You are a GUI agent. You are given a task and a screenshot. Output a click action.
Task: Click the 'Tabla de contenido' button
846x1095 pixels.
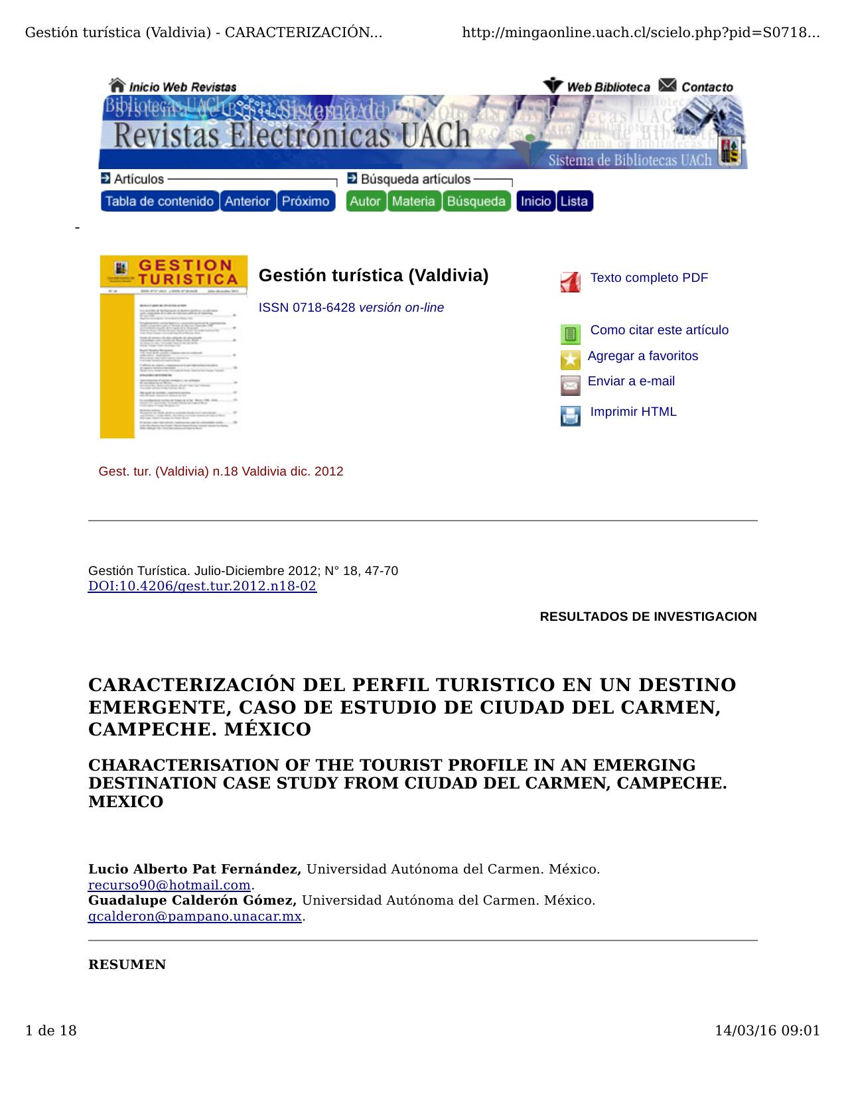point(159,201)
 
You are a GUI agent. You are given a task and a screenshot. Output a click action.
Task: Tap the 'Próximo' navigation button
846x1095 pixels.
point(305,201)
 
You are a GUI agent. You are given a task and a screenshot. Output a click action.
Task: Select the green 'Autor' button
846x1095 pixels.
point(365,201)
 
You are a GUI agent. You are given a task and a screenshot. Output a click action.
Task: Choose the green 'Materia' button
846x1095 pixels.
point(413,201)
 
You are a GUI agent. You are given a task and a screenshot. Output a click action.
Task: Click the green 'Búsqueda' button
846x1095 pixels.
point(476,201)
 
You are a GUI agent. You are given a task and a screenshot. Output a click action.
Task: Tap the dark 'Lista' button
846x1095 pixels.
point(574,201)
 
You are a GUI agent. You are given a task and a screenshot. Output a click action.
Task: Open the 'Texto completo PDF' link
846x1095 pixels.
point(648,278)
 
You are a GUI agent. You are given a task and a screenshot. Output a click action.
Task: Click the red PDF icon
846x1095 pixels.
point(570,282)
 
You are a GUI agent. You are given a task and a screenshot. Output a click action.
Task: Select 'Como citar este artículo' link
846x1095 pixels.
point(659,330)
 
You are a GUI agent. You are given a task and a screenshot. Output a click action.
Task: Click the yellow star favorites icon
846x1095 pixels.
point(570,360)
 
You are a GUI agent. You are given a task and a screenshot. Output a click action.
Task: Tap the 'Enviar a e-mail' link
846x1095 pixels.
point(630,381)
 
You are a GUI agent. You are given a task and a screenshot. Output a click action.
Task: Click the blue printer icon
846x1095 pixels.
point(570,416)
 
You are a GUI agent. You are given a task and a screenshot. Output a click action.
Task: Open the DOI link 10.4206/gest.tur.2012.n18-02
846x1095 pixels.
point(202,586)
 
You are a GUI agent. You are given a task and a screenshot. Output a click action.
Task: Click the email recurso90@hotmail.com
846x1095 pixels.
point(169,885)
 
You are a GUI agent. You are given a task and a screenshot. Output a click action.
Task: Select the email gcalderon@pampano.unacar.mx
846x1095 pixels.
point(195,917)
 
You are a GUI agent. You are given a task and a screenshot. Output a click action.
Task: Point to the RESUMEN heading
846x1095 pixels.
point(127,965)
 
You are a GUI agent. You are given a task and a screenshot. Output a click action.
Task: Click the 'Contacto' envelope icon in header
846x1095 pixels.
point(668,86)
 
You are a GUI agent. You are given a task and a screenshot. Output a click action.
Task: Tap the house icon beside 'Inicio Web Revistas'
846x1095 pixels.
point(117,86)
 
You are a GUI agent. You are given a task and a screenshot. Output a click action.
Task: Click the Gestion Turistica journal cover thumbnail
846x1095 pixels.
point(173,347)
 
